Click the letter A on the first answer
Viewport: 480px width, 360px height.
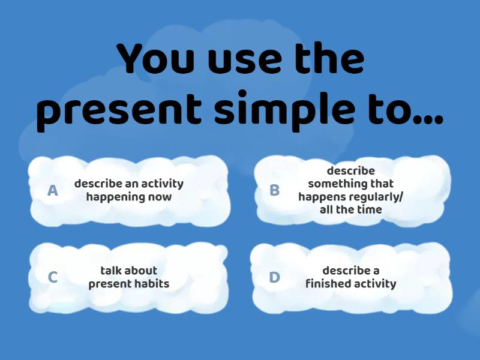tap(53, 191)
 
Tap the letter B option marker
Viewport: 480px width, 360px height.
tap(274, 191)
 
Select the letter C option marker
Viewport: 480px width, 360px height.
tap(53, 277)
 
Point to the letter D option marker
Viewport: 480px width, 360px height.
tap(274, 277)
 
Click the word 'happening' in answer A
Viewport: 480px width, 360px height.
tap(112, 197)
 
